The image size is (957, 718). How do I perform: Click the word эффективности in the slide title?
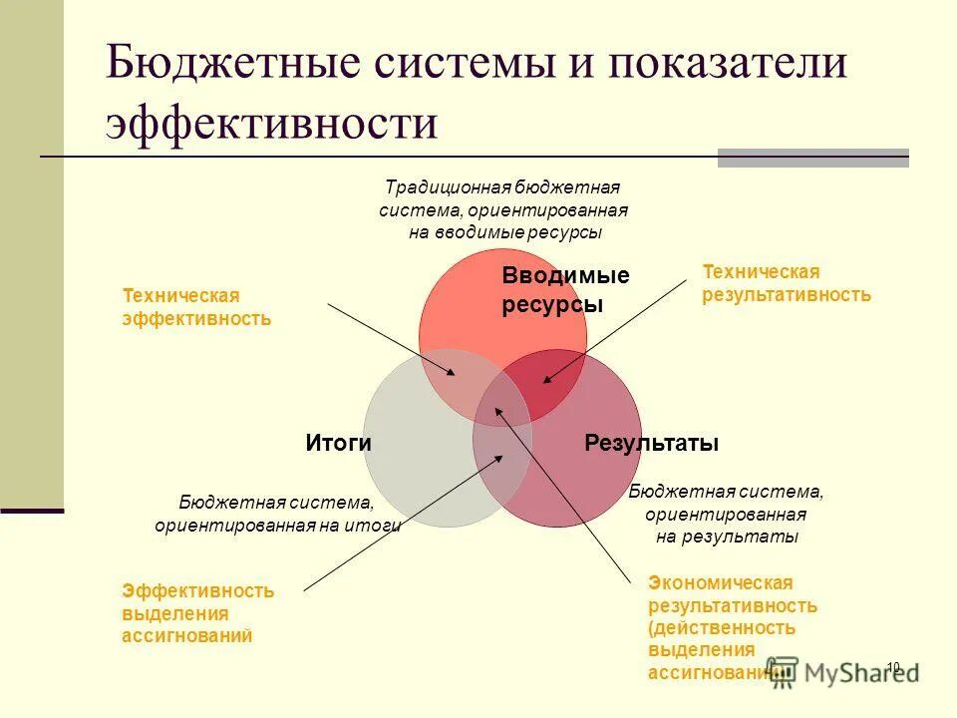pyautogui.click(x=272, y=123)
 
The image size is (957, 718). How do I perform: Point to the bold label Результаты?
pyautogui.click(x=652, y=444)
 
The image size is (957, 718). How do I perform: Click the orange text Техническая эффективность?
pyautogui.click(x=196, y=307)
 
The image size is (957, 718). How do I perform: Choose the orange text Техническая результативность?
pyautogui.click(x=787, y=283)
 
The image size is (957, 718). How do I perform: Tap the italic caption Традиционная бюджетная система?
pyautogui.click(x=503, y=209)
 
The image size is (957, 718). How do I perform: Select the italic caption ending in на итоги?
pyautogui.click(x=277, y=514)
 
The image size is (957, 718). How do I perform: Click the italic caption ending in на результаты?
pyautogui.click(x=727, y=514)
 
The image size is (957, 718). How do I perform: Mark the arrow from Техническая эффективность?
pyautogui.click(x=391, y=339)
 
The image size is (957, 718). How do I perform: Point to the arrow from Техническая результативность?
pyautogui.click(x=615, y=331)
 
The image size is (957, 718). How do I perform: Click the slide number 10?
pyautogui.click(x=892, y=667)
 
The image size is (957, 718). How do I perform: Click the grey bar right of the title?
pyautogui.click(x=812, y=158)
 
